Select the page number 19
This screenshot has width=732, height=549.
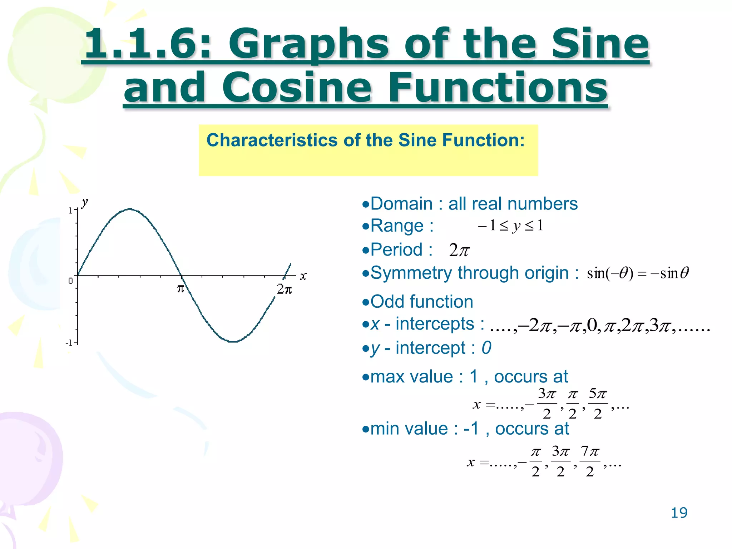click(x=679, y=513)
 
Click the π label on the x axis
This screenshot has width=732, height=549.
click(x=181, y=288)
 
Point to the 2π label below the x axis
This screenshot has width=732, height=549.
click(x=284, y=289)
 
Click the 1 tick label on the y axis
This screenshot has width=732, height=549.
click(x=70, y=211)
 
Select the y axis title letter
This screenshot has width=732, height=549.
click(x=84, y=203)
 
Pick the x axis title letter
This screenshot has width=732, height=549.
click(x=303, y=276)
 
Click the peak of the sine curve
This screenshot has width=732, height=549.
click(x=129, y=209)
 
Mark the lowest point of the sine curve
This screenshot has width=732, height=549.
click(x=233, y=342)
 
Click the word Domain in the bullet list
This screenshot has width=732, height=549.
click(x=401, y=204)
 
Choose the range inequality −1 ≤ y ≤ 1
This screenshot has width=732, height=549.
click(x=510, y=226)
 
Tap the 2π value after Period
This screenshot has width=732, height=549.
click(x=459, y=250)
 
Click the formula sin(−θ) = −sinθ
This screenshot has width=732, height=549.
click(x=638, y=273)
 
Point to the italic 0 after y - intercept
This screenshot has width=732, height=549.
click(x=486, y=348)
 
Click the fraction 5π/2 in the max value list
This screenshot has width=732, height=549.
click(x=598, y=404)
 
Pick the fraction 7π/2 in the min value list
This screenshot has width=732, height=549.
click(x=590, y=461)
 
